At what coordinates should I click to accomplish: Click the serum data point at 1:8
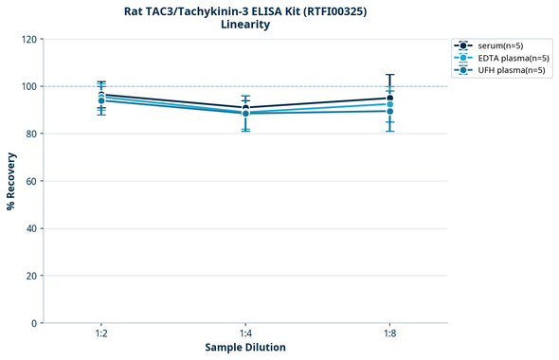tap(389, 99)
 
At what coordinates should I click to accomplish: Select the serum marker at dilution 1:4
tap(245, 108)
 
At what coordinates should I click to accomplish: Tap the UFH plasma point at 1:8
tap(389, 111)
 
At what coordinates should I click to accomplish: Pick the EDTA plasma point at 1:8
tap(389, 104)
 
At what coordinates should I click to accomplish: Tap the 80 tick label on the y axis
tap(28, 134)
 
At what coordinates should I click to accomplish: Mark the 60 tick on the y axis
tap(28, 181)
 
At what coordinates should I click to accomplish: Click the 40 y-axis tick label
tap(28, 228)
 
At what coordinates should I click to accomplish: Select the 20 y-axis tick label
tap(28, 276)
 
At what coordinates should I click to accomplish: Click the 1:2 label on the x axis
tap(101, 334)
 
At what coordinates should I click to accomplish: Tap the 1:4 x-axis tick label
tap(245, 334)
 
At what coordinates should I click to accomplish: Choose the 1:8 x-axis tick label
tap(389, 334)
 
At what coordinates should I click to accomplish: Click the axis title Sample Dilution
tap(245, 348)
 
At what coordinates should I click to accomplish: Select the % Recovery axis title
tap(11, 180)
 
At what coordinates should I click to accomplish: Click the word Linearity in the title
tap(244, 25)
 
